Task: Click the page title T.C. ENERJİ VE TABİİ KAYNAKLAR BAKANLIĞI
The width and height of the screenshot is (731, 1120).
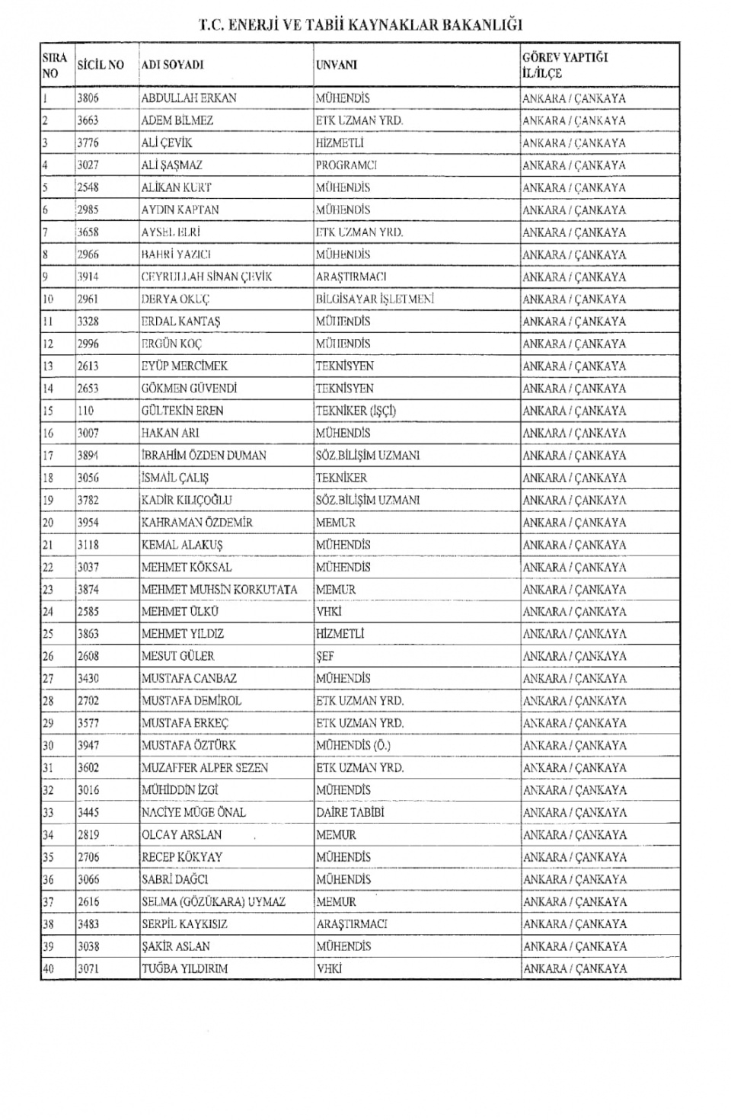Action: [360, 24]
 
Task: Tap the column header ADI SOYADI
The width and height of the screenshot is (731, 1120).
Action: [172, 66]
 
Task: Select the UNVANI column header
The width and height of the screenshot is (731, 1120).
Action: [337, 66]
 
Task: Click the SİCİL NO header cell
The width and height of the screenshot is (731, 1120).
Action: [100, 66]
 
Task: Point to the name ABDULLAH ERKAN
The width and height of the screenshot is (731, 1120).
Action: [189, 98]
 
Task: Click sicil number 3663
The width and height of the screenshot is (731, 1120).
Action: [88, 120]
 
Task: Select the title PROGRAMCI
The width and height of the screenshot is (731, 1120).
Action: [346, 165]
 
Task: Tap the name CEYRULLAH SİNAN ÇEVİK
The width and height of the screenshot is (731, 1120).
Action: [206, 277]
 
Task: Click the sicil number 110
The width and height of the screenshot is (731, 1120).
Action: [85, 411]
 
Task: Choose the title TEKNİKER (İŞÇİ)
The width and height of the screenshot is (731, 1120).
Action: [356, 411]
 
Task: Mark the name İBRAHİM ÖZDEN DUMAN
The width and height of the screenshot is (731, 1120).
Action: [204, 456]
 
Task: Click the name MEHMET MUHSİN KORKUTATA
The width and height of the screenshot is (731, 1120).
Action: [219, 590]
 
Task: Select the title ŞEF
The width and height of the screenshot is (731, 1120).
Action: [325, 656]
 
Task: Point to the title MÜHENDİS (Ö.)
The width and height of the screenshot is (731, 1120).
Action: [353, 745]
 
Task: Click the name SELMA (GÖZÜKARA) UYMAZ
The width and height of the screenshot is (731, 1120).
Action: [213, 901]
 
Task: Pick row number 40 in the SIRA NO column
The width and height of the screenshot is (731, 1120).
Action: [49, 968]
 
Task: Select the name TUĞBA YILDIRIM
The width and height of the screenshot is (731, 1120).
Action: [185, 968]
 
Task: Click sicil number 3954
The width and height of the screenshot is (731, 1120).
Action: [88, 523]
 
